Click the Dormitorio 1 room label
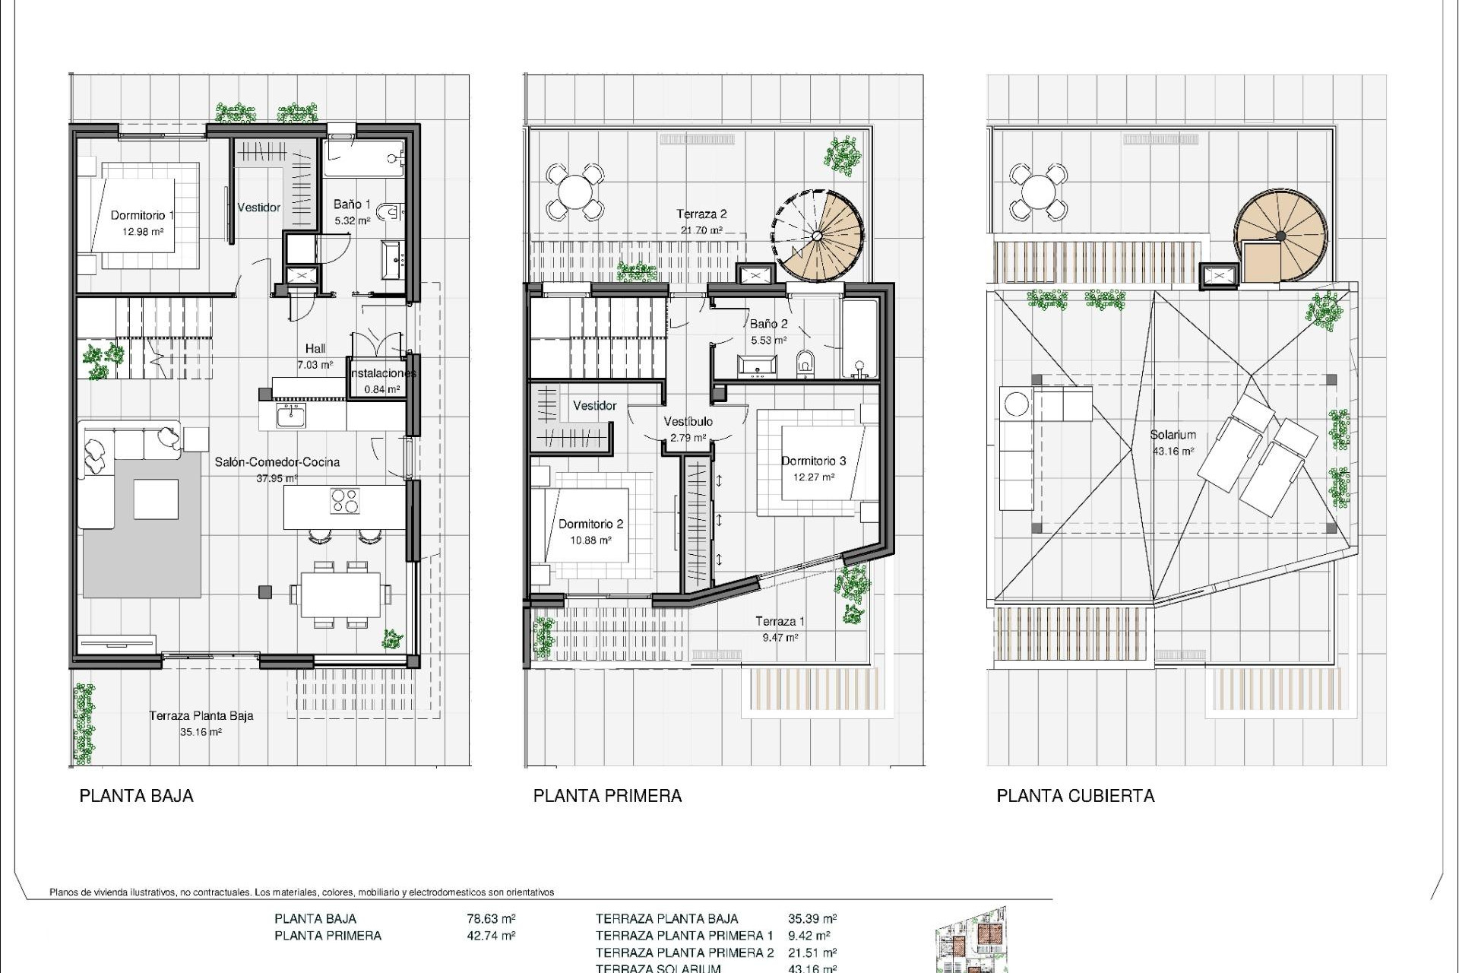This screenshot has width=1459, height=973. click(x=142, y=215)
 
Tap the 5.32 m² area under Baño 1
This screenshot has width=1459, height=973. click(x=353, y=221)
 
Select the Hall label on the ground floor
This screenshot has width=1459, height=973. click(x=315, y=348)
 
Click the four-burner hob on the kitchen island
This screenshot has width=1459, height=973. click(x=345, y=501)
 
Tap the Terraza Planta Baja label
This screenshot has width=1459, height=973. click(x=201, y=715)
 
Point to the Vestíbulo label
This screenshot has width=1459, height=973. click(x=688, y=421)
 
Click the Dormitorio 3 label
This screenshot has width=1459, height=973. click(x=813, y=461)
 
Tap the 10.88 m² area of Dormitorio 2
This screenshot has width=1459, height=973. click(x=590, y=540)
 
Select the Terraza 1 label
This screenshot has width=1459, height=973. click(x=780, y=621)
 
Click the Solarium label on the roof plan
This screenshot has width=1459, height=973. click(x=1173, y=435)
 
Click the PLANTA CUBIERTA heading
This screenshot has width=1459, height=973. click(x=1074, y=796)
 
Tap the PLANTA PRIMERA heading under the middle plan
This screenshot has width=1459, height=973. click(x=607, y=796)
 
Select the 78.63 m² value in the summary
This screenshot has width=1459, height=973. click(x=491, y=918)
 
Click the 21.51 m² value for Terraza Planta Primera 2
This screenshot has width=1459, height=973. click(x=812, y=952)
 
